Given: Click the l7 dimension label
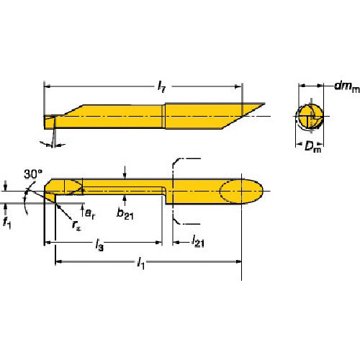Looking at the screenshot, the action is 162,86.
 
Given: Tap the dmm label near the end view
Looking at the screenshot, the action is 347,86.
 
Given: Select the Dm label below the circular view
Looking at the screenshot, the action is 312,146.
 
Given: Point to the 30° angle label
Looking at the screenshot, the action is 33,174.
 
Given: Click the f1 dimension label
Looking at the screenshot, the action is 6,222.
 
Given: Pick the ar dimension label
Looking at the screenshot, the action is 90,213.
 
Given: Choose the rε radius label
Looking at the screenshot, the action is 76,225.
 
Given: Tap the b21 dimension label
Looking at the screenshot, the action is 125,213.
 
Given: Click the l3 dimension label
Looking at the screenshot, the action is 99,245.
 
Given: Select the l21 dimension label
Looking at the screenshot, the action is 198,241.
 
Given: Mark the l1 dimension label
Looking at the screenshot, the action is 140,263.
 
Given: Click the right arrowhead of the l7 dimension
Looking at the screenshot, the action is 238,86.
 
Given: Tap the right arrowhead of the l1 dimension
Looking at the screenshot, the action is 238,261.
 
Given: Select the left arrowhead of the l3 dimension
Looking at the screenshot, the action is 48,243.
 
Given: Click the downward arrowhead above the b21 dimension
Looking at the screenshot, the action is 125,176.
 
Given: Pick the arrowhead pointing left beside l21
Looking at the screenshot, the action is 176,243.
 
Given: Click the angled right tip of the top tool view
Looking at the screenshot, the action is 265,104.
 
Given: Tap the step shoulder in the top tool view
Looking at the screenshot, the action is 163,116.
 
